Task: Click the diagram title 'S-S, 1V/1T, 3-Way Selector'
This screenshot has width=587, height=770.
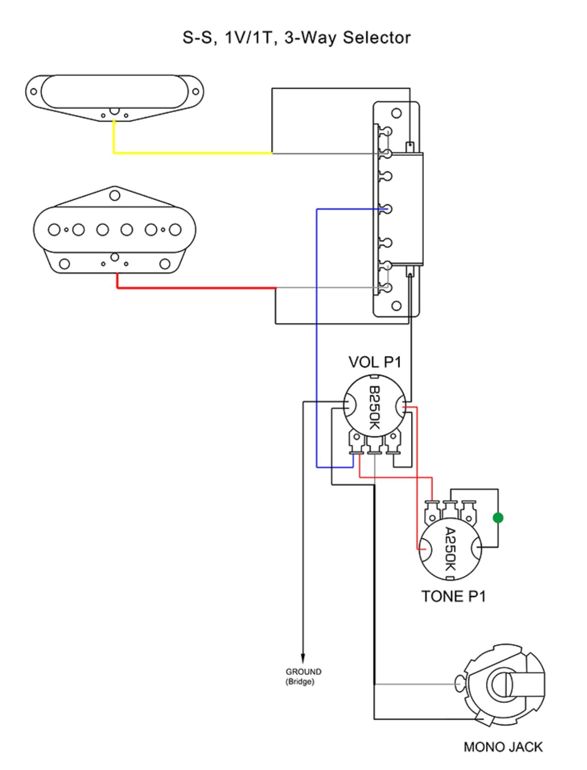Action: (296, 37)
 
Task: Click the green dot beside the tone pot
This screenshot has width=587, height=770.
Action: (498, 518)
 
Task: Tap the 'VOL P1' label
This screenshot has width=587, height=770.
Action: (374, 362)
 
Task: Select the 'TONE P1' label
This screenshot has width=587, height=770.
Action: (453, 596)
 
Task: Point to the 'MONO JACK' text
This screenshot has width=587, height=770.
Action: (503, 747)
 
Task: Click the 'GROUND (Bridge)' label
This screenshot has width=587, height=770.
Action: (303, 677)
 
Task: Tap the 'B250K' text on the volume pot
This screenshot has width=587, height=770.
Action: (374, 408)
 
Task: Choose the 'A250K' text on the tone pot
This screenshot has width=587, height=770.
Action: (450, 549)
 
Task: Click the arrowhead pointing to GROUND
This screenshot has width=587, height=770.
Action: (303, 658)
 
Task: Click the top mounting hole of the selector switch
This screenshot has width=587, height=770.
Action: (396, 113)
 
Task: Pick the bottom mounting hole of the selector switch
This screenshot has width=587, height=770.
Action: (396, 306)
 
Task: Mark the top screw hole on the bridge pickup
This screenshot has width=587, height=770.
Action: (115, 196)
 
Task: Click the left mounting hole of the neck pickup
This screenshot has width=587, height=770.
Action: (33, 91)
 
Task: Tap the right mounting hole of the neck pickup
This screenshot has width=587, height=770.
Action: (196, 91)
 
